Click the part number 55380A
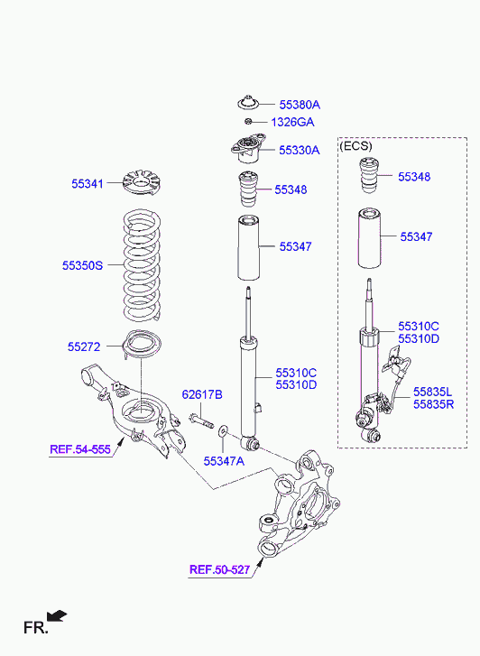(x=300, y=105)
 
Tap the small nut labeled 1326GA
(x=248, y=122)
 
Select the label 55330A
(x=300, y=150)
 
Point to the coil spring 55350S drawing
(x=142, y=265)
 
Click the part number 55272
(x=84, y=346)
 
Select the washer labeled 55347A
(x=222, y=429)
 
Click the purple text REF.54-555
(x=80, y=449)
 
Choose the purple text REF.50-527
(x=220, y=569)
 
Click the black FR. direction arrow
(x=57, y=615)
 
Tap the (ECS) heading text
(x=355, y=146)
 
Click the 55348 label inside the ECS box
(x=414, y=177)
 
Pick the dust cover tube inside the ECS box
(x=368, y=239)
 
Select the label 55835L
(x=433, y=392)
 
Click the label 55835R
(x=434, y=404)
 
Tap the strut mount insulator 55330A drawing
(x=249, y=149)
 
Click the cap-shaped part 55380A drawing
(x=249, y=103)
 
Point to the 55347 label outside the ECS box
(x=295, y=246)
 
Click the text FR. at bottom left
(x=35, y=628)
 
